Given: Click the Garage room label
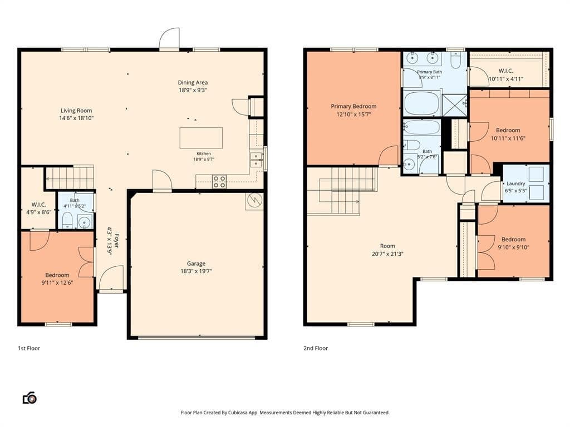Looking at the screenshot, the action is pos(196,264).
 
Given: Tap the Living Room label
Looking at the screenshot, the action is pos(76,111).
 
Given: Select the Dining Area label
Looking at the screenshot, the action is pos(193,82).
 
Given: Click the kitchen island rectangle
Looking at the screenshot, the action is pos(201,138).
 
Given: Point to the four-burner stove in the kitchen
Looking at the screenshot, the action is pos(219,182).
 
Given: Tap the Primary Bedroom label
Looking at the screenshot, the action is pos(353,106).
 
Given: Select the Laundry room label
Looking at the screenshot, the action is pos(515,183).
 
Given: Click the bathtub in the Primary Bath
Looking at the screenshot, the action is pos(422,103).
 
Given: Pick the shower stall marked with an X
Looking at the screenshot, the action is pos(454,105).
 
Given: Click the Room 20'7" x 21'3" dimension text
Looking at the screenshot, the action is pos(387,254).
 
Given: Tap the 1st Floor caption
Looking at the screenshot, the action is pos(29,348).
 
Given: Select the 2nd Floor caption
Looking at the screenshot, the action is pos(316,348).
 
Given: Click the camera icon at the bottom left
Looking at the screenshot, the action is pos(30,398).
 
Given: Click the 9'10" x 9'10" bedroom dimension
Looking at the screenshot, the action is pos(513,247).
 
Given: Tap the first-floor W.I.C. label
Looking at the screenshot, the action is pos(38,205).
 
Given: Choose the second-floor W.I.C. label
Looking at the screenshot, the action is pos(506,71).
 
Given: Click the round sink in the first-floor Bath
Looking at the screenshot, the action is pos(85,222).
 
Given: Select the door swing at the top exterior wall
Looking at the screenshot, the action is pos(169,38).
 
